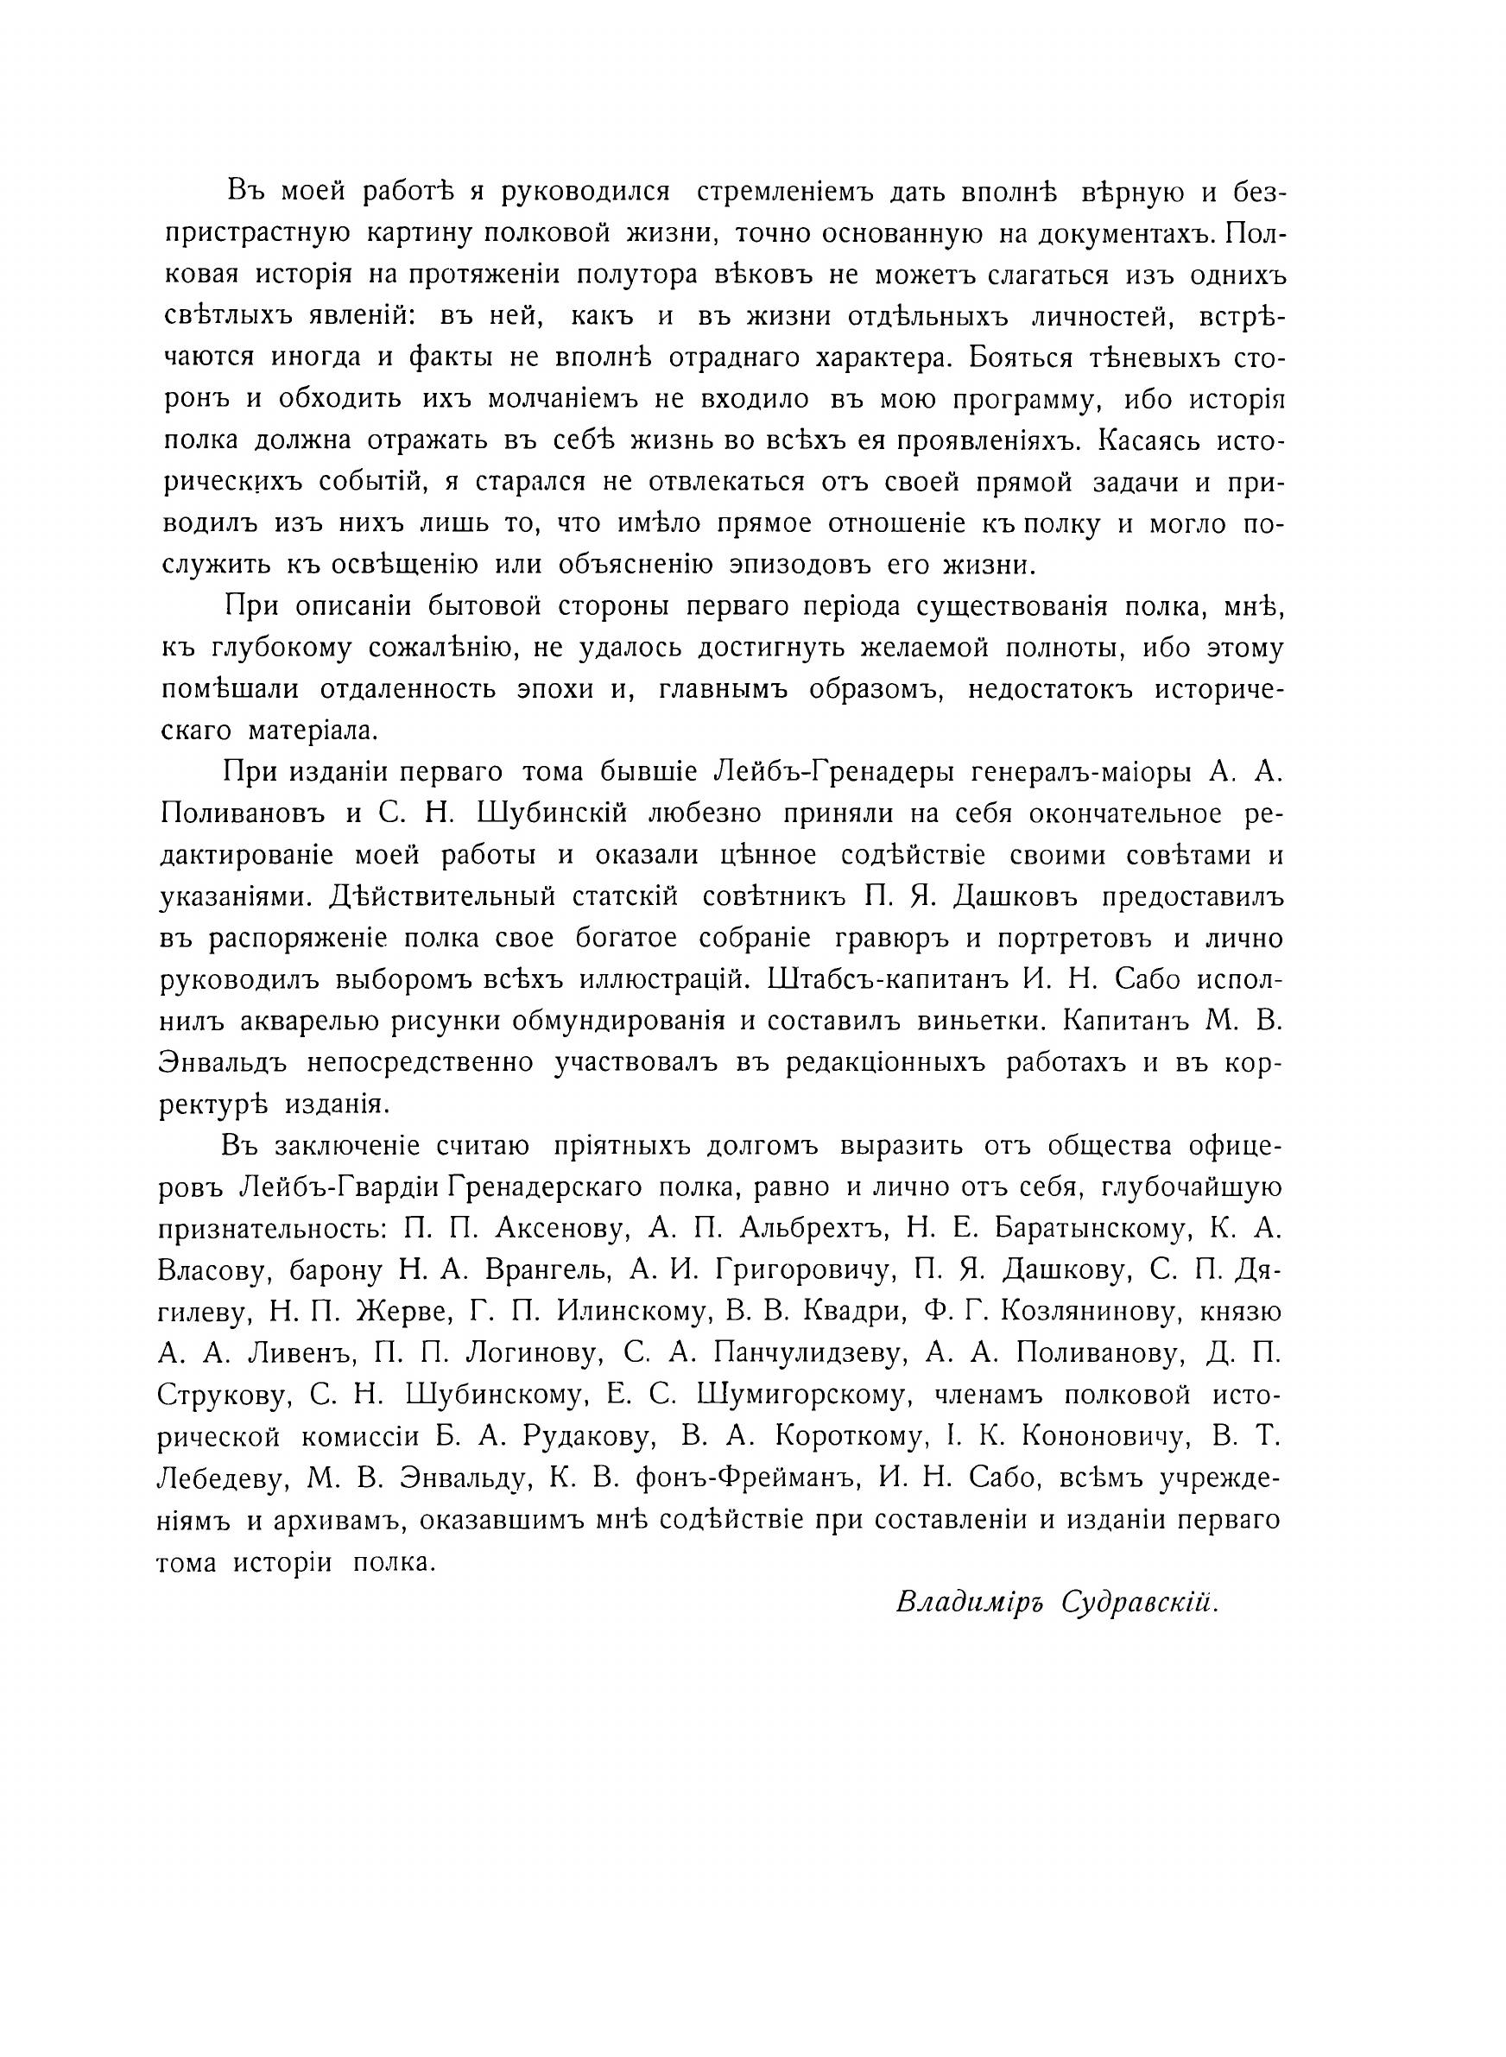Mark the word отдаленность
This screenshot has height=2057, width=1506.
pos(408,689)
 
